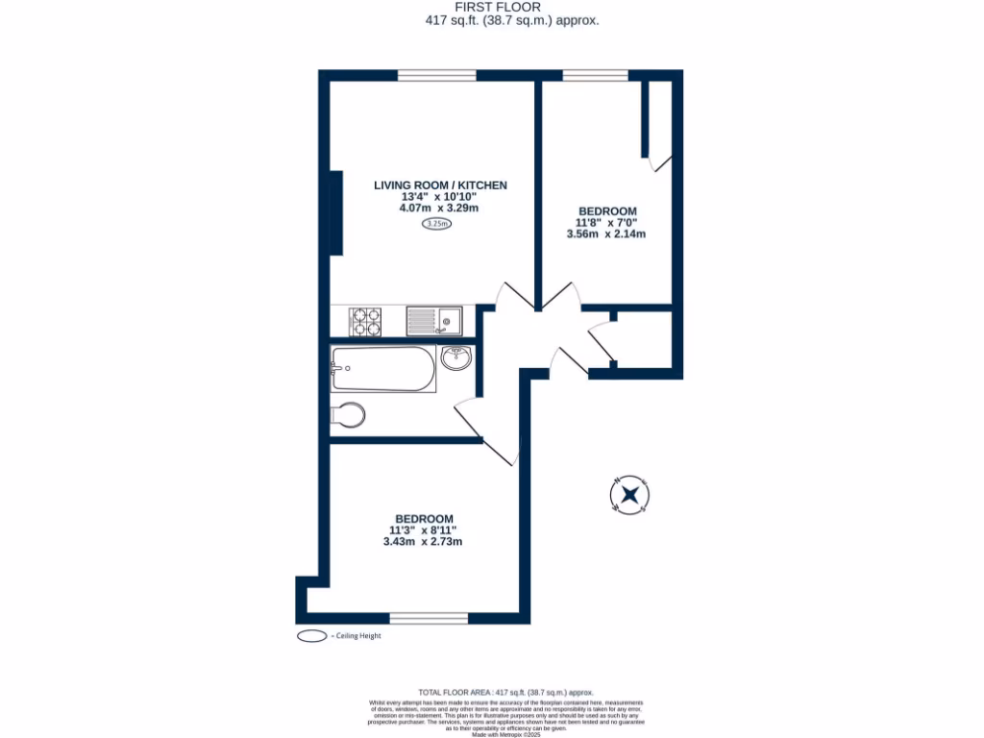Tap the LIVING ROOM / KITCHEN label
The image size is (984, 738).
tap(440, 184)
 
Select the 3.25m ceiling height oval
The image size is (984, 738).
tap(437, 224)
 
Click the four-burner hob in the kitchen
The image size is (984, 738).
tap(364, 321)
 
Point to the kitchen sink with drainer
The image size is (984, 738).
tap(433, 320)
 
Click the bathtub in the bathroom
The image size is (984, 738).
tap(382, 369)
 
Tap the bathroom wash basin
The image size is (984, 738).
tap(455, 358)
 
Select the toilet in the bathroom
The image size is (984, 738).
tap(346, 415)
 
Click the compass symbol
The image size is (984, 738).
tap(630, 495)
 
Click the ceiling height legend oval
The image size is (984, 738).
tap(312, 636)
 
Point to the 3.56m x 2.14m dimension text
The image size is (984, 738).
tap(606, 234)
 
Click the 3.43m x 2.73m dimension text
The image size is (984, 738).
tap(423, 542)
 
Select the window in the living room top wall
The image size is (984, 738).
tap(436, 75)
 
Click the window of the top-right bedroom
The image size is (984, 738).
tap(595, 75)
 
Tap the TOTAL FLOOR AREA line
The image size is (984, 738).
tap(505, 692)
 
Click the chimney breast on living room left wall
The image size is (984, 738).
tap(336, 212)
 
